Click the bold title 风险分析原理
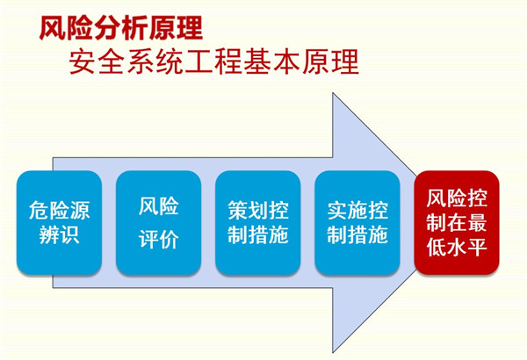pos(121,29)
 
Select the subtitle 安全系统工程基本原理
pos(214,61)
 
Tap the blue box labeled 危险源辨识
pos(59,223)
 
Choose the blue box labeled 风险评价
pos(159,223)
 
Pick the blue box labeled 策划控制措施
pos(257,223)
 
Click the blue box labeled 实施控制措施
pos(357,223)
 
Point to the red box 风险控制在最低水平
pos(457,223)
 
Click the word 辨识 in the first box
pos(59,234)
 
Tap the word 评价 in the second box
pos(159,239)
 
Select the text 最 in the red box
pos(477,222)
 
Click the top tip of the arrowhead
pos(333,93)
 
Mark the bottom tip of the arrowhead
pos(333,352)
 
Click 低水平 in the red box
pos(457,248)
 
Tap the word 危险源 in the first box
pos(59,211)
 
